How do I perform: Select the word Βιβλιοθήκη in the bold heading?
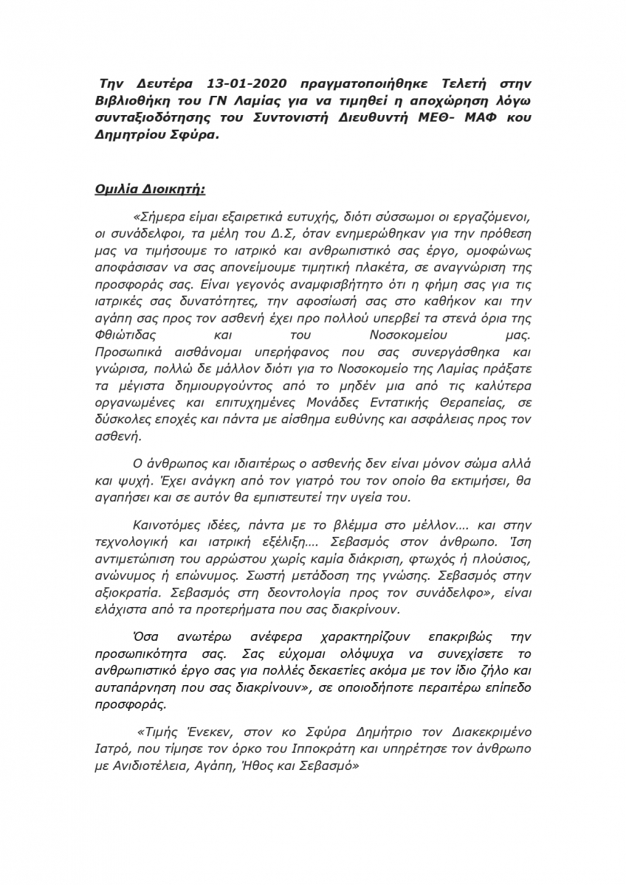[x=134, y=100]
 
